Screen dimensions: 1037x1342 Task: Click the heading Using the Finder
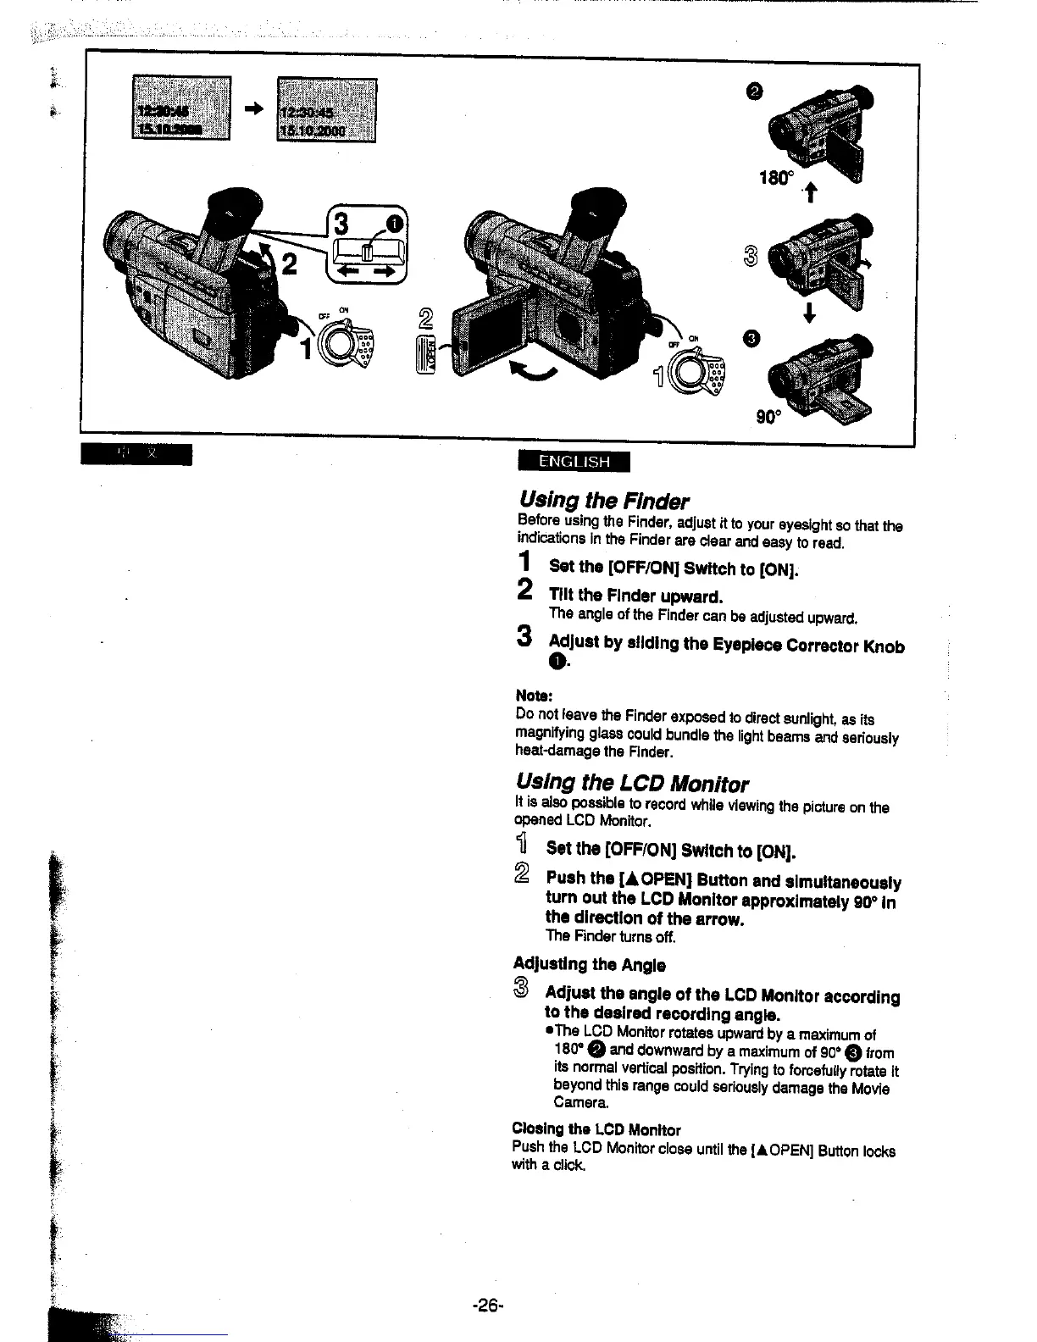pos(602,500)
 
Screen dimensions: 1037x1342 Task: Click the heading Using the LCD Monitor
pos(632,782)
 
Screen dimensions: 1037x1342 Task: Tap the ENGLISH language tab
pos(574,462)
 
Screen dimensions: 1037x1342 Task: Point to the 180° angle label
pos(777,180)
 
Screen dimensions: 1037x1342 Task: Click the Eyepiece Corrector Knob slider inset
pos(367,250)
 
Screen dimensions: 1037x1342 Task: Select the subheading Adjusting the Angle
pos(589,965)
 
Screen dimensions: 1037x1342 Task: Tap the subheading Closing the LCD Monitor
pos(596,1129)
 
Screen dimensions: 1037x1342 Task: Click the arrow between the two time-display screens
pos(254,108)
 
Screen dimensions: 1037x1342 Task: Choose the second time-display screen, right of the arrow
pos(326,110)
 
